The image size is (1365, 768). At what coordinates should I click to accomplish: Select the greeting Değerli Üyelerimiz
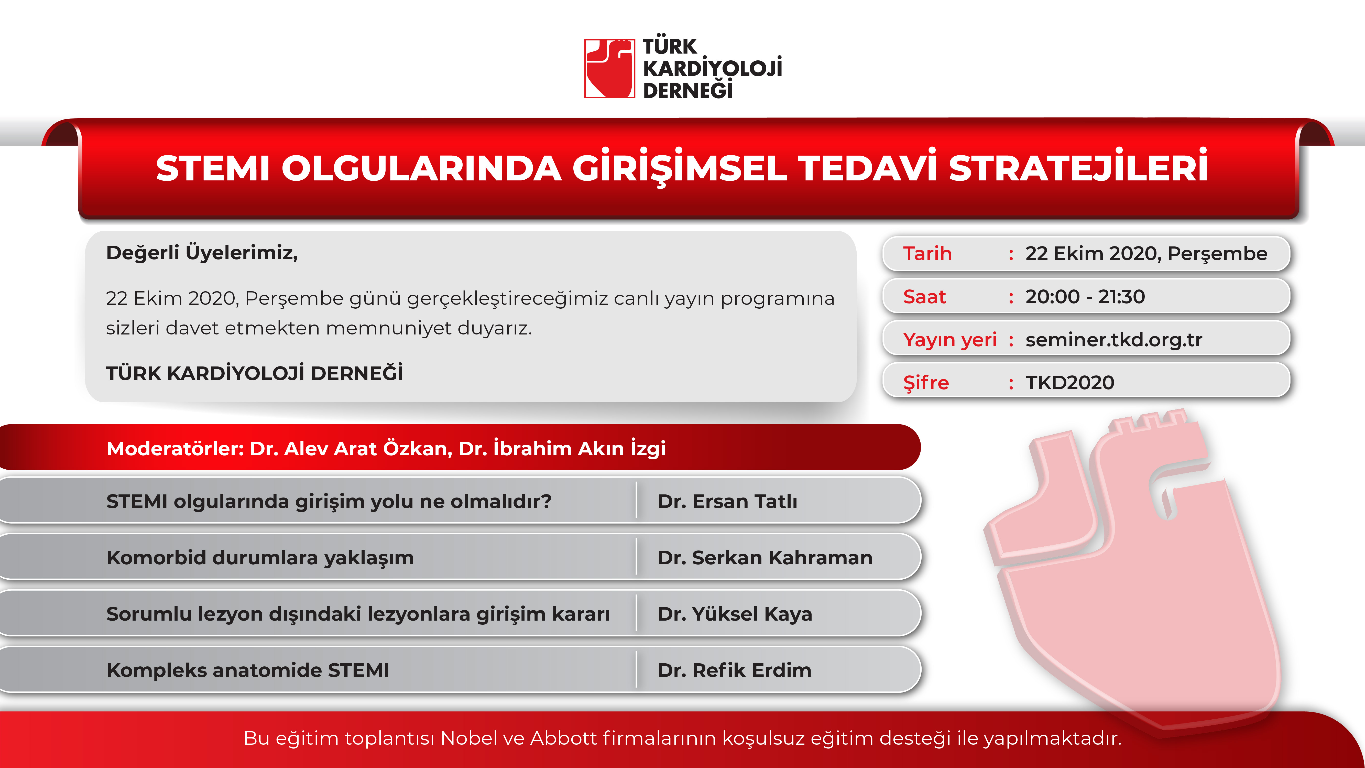click(x=202, y=253)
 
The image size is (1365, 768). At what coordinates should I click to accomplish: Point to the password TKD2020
click(x=1070, y=382)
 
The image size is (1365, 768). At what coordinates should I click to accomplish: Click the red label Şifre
click(x=926, y=382)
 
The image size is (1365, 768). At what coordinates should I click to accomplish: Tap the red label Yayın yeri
click(x=949, y=340)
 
